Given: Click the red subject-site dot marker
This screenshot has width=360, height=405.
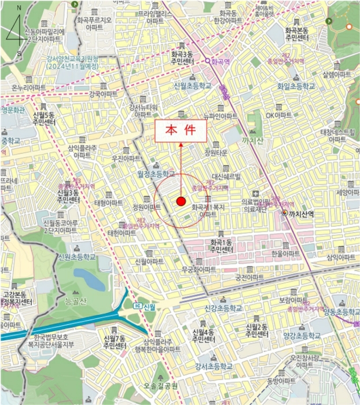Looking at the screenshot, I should coord(181,201).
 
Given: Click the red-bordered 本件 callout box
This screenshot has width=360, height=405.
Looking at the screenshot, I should coord(180,131).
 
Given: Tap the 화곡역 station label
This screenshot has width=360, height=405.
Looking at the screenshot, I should coord(221,60).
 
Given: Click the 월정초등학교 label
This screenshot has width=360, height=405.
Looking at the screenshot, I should coord(155,173).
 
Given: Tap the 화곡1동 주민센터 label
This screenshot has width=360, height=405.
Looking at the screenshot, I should coord(223,245).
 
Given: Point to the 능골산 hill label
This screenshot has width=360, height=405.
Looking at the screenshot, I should coord(75,301).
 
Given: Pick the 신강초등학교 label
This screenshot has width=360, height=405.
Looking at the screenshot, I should coord(223,308).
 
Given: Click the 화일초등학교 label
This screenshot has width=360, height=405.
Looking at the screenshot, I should coord(296,86).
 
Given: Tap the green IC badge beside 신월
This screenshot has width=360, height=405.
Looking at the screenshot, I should coord(137,305).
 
